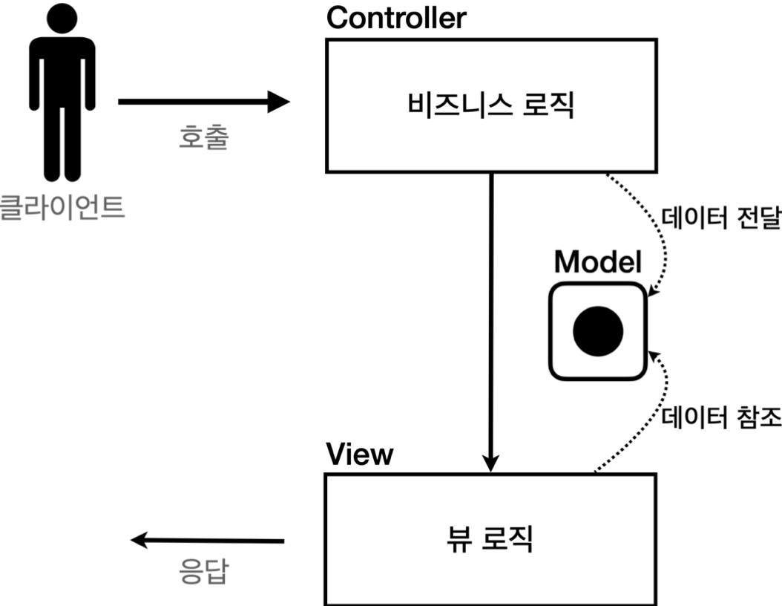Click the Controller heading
click(396, 18)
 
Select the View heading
click(360, 454)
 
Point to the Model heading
click(597, 261)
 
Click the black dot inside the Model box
click(597, 331)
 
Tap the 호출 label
click(203, 137)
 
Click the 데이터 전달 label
click(720, 221)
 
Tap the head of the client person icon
click(62, 18)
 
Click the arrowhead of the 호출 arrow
click(279, 101)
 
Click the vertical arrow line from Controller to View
click(490, 312)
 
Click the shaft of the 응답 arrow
click(215, 541)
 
